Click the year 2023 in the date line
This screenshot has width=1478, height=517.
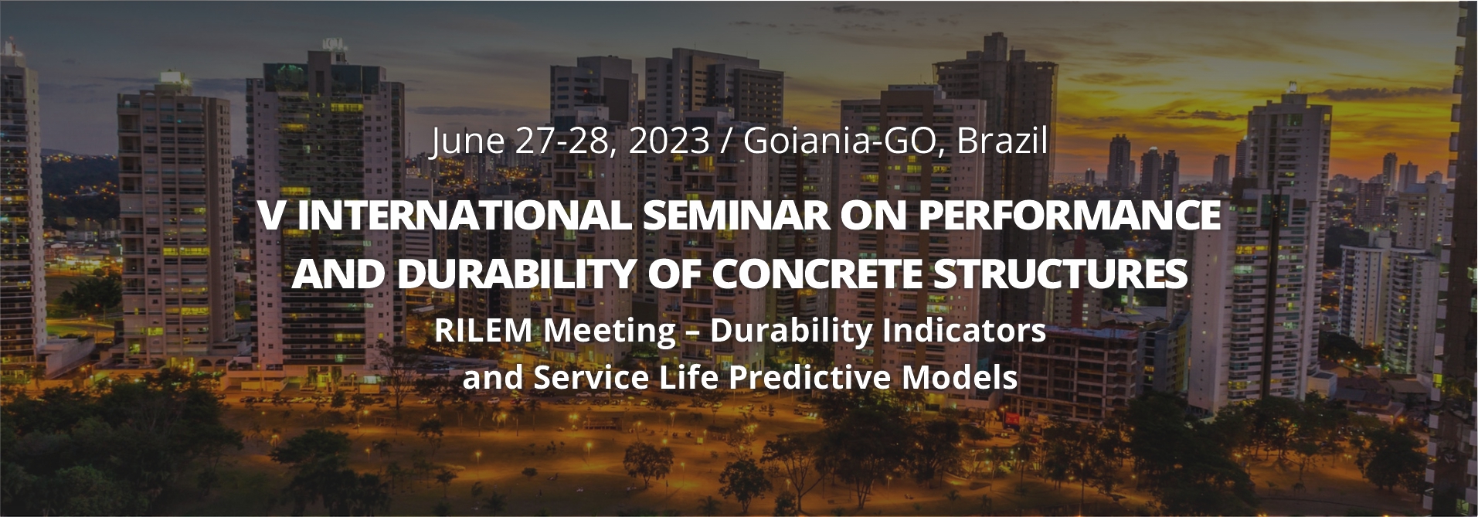[x=668, y=141]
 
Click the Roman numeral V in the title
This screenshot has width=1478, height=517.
[x=272, y=216]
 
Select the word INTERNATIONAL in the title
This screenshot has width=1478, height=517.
[x=464, y=216]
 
